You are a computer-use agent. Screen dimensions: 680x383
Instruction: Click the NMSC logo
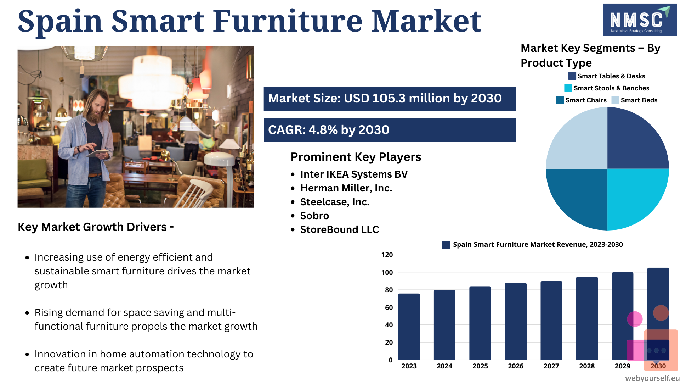pos(640,20)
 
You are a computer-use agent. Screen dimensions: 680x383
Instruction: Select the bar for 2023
pos(409,327)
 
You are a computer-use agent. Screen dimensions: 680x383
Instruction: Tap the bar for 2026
pos(516,321)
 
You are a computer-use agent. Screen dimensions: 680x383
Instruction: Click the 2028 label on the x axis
pos(587,366)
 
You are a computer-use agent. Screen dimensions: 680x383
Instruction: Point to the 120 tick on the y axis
pos(387,255)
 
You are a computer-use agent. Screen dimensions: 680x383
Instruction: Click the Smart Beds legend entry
pos(634,100)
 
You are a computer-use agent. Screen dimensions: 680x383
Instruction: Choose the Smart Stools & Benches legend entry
pos(607,88)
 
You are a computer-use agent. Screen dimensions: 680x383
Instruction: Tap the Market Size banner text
pos(385,98)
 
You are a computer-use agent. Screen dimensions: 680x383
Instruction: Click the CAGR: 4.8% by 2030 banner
pos(390,130)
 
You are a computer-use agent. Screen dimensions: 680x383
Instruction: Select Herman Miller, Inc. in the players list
pos(346,188)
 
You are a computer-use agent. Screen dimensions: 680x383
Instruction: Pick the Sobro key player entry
pos(314,216)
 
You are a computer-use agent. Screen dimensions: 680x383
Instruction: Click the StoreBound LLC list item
pos(340,229)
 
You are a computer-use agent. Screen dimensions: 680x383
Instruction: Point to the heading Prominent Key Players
pos(356,157)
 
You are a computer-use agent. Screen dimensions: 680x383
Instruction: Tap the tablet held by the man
pos(97,153)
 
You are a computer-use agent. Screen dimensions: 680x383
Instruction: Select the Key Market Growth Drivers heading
pos(96,227)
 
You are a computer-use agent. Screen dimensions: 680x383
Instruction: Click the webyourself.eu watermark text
pos(652,378)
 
